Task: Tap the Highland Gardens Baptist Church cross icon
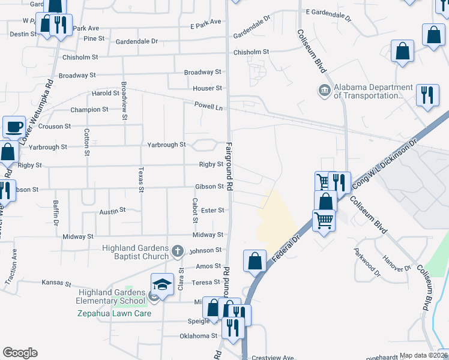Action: pos(177,251)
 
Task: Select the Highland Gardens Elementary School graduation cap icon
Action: pos(162,285)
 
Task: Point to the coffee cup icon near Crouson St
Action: pos(14,127)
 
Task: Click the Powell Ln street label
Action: pos(208,106)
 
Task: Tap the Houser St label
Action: pos(207,88)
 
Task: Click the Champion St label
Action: pos(89,110)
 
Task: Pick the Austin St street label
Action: pos(112,211)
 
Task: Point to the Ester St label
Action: pos(212,211)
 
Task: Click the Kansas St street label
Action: pos(56,283)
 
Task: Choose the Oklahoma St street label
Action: pos(198,336)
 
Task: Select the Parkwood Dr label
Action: pos(367,262)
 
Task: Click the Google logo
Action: pos(20,353)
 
